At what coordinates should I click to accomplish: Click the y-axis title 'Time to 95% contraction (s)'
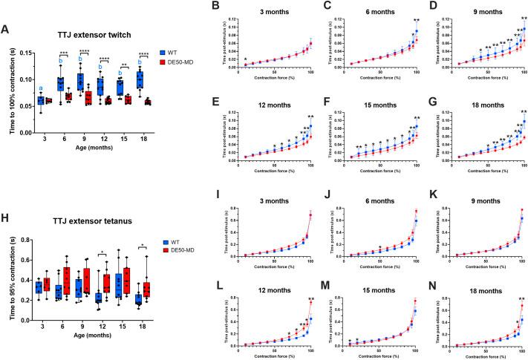[8, 286]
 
